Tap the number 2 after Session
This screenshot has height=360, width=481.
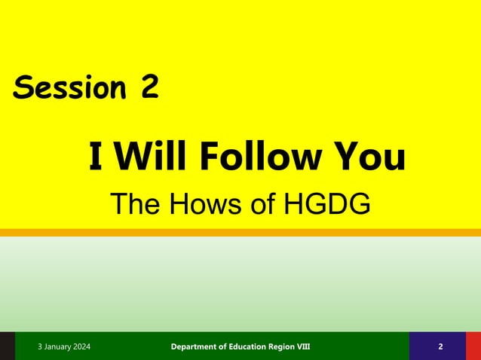(x=149, y=89)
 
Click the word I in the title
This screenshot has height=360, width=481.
(x=96, y=158)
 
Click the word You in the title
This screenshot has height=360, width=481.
(x=369, y=158)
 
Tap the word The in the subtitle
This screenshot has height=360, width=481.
(x=134, y=204)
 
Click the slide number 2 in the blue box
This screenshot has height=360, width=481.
(x=440, y=346)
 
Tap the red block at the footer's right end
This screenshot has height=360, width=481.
(x=473, y=346)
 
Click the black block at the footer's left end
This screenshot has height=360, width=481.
(x=7, y=346)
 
